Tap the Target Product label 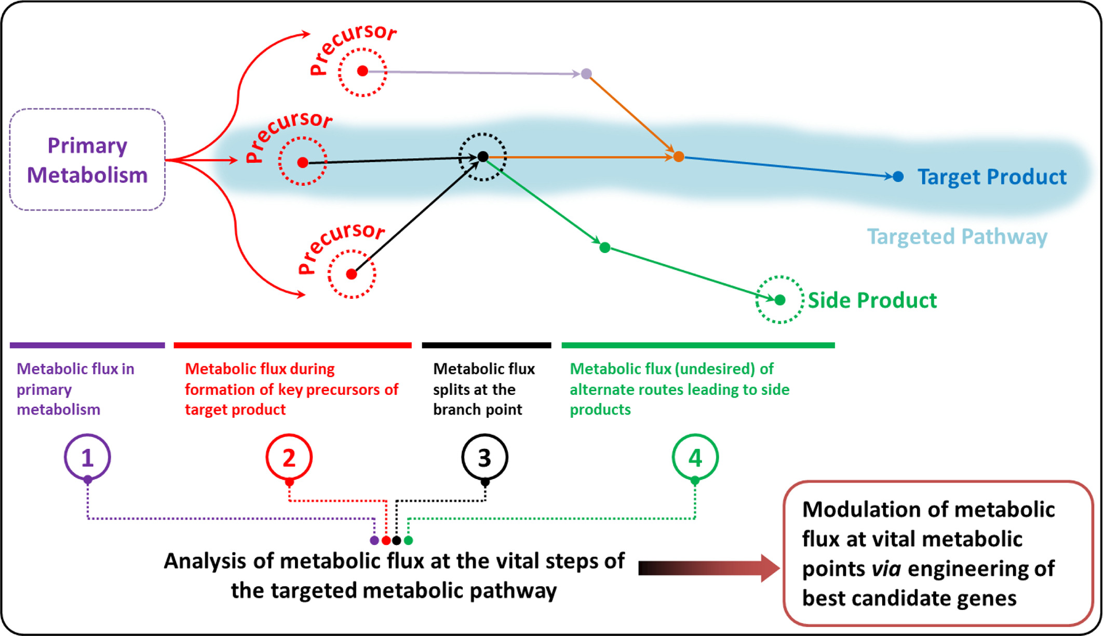click(992, 177)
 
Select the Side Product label click(872, 300)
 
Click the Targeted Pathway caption click(957, 237)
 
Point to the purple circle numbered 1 click(65, 457)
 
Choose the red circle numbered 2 click(266, 457)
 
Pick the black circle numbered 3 click(462, 457)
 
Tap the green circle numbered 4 click(673, 457)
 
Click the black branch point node click(483, 156)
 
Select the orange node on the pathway click(679, 156)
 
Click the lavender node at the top click(586, 74)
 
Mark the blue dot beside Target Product click(898, 177)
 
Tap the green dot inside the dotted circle click(780, 300)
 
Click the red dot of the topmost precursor click(362, 71)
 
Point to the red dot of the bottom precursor click(352, 274)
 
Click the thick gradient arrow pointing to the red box click(709, 568)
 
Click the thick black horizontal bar click(487, 345)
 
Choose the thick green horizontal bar click(698, 345)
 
